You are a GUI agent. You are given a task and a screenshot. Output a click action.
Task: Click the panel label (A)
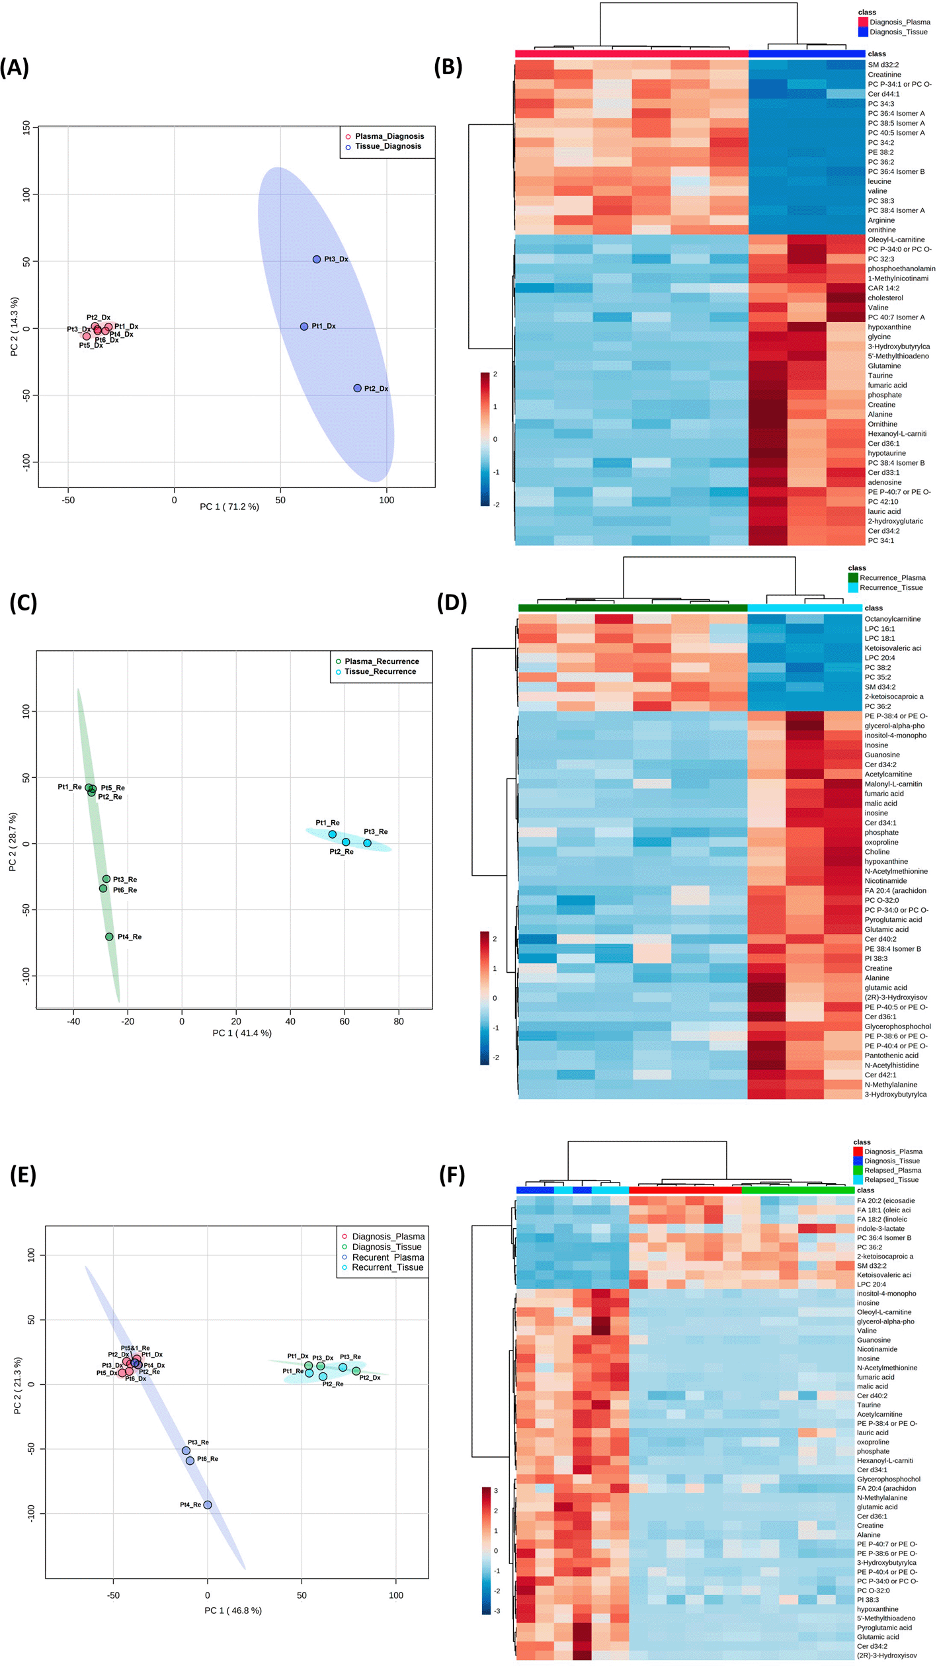pyautogui.click(x=15, y=67)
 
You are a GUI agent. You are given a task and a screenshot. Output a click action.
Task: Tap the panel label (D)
pyautogui.click(x=452, y=603)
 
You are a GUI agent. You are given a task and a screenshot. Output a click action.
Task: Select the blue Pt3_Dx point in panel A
pyautogui.click(x=317, y=259)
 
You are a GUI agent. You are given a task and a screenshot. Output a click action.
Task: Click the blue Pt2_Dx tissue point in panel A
pyautogui.click(x=357, y=388)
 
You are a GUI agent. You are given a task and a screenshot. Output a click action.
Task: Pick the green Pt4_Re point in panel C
pyautogui.click(x=109, y=937)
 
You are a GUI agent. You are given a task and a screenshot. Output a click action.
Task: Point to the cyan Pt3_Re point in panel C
pyautogui.click(x=367, y=843)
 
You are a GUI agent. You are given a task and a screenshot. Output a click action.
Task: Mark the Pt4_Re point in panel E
pyautogui.click(x=208, y=1505)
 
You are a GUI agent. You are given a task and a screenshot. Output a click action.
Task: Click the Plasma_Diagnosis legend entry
pyautogui.click(x=389, y=136)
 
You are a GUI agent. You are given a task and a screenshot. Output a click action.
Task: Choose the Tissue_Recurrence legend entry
pyautogui.click(x=380, y=671)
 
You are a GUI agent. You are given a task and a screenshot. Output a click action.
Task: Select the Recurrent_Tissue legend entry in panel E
pyautogui.click(x=387, y=1267)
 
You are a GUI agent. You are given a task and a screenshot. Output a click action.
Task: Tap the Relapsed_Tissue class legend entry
pyautogui.click(x=892, y=1179)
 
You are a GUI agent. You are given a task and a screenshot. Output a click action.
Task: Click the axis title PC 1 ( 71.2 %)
pyautogui.click(x=229, y=507)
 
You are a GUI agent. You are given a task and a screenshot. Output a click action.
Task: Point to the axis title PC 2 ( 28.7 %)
pyautogui.click(x=13, y=842)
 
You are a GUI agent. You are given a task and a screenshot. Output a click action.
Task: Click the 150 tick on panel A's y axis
pyautogui.click(x=26, y=126)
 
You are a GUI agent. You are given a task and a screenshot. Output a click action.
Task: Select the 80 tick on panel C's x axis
pyautogui.click(x=399, y=1021)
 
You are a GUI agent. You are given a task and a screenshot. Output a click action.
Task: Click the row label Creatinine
pyautogui.click(x=884, y=75)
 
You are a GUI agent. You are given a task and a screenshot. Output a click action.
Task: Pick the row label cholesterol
pyautogui.click(x=885, y=298)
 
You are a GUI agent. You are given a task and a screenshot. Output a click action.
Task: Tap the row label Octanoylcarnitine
pyautogui.click(x=892, y=619)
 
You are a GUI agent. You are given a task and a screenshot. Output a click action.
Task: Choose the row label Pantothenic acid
pyautogui.click(x=891, y=1056)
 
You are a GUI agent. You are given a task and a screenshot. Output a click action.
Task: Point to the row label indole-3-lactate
pyautogui.click(x=880, y=1229)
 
